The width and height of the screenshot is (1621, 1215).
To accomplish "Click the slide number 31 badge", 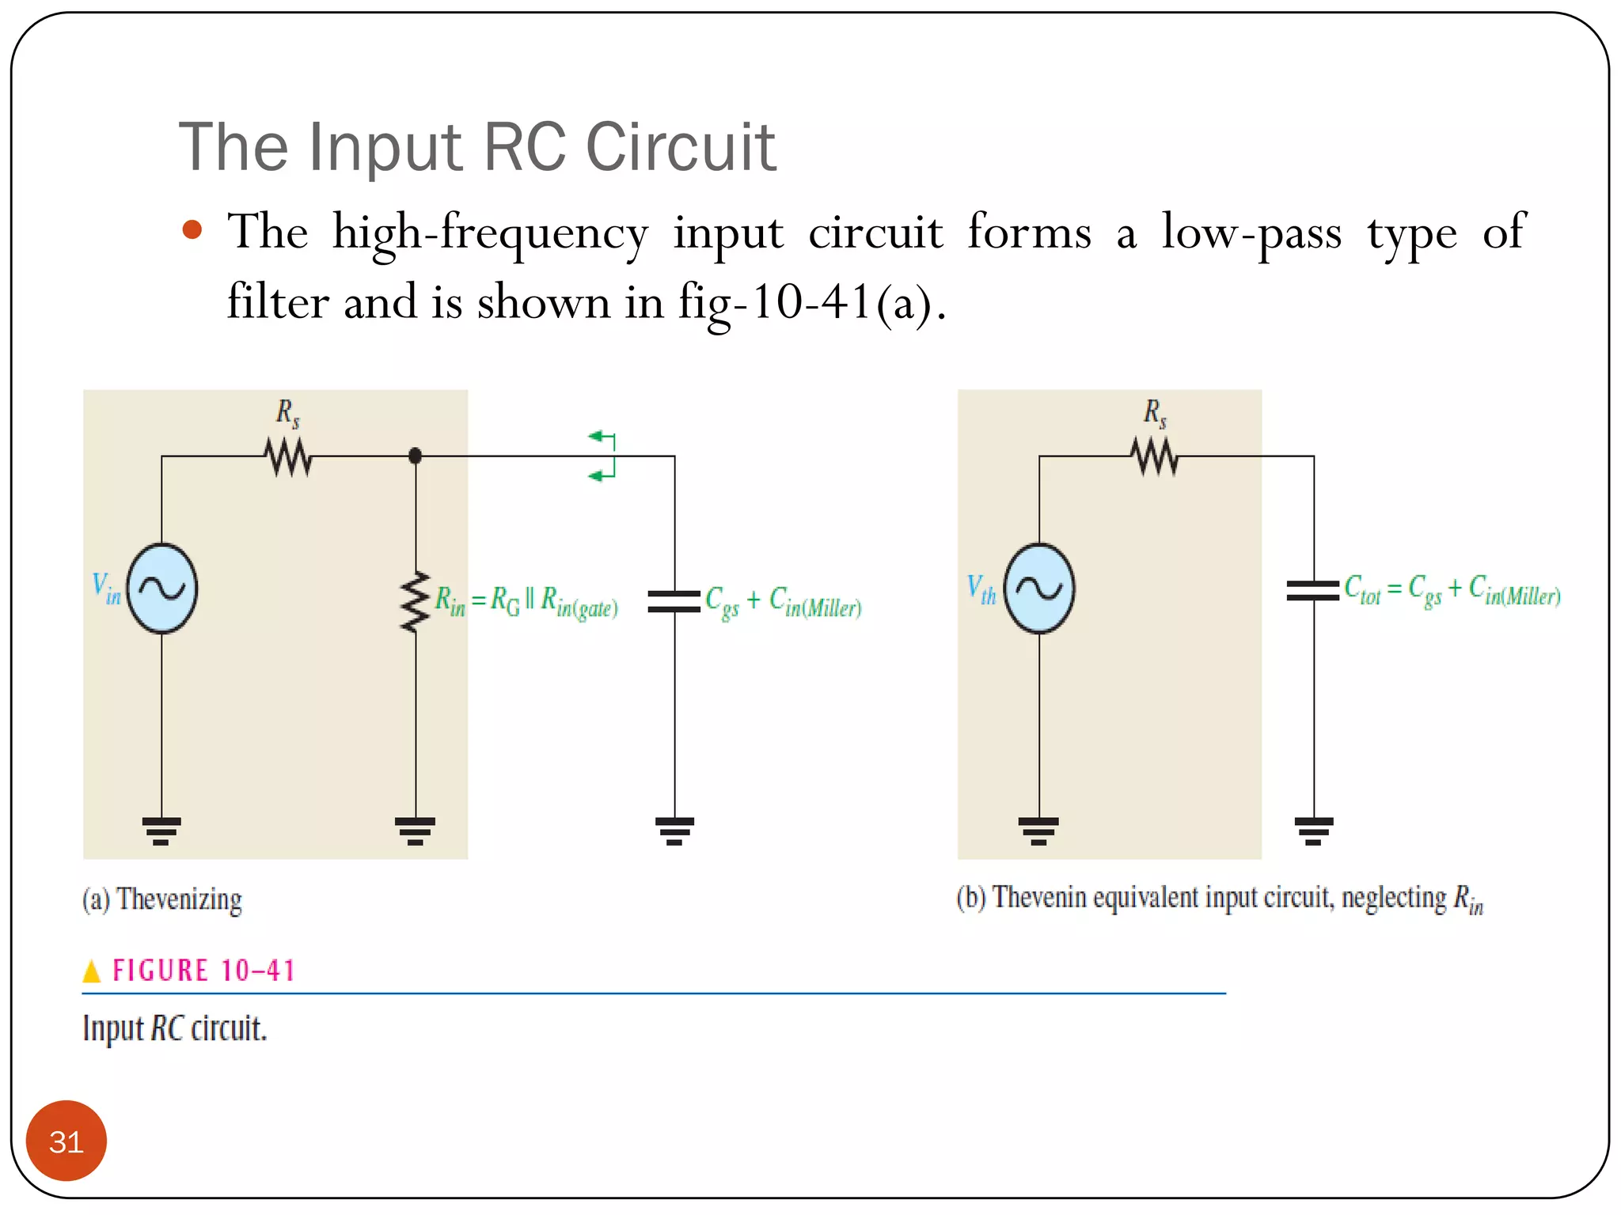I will click(x=66, y=1141).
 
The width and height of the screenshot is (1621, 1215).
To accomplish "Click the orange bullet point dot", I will click(x=192, y=230).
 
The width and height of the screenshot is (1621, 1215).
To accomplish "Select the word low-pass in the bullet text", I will click(x=1251, y=233).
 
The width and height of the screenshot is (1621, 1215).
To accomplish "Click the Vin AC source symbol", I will click(x=162, y=589).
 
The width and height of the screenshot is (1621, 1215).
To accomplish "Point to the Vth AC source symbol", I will click(x=1038, y=589).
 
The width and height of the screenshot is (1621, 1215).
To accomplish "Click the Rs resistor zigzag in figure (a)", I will click(x=288, y=457).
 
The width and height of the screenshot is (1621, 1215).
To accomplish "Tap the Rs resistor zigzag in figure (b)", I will click(x=1155, y=457).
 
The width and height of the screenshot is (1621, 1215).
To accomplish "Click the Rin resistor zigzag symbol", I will click(x=415, y=601).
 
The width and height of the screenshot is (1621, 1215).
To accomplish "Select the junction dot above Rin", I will click(x=415, y=456).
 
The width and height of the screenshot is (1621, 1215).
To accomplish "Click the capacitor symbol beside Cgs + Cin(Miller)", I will click(x=674, y=601).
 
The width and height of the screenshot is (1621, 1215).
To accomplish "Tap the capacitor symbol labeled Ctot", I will click(x=1313, y=590).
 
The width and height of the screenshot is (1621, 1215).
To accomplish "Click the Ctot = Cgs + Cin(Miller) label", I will click(x=1452, y=590).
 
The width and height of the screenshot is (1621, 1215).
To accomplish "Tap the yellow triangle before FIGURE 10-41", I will click(x=92, y=971).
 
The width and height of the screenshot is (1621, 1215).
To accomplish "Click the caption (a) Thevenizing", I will click(x=162, y=900).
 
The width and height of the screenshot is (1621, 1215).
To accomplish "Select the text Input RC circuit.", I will click(x=175, y=1029).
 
